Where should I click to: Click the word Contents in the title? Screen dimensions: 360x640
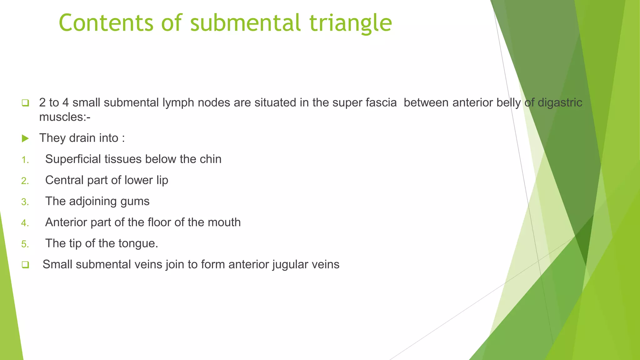106,23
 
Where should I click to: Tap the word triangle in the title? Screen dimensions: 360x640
351,23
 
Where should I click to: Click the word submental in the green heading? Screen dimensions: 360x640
245,23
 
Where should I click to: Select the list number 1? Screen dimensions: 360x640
25,160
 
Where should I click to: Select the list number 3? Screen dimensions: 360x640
25,202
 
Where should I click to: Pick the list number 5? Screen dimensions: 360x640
25,244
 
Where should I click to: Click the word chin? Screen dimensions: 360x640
210,159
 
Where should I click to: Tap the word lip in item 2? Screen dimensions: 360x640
162,180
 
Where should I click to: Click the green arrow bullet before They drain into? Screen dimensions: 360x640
25,138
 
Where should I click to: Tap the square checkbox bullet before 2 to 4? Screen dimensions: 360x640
25,103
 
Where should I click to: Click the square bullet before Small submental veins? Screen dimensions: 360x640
25,265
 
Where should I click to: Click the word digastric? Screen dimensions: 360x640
560,102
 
